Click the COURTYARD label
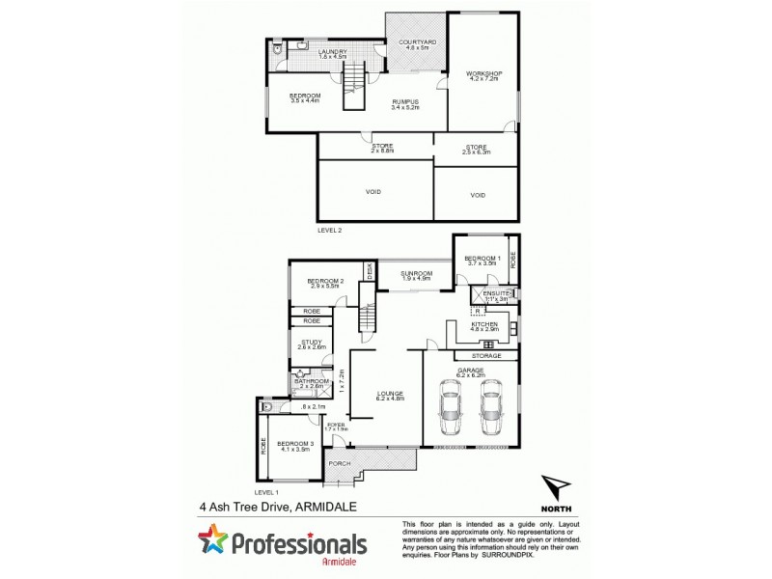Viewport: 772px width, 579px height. pos(412,42)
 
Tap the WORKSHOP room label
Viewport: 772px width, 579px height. pos(481,73)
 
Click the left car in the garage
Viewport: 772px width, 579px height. pos(450,410)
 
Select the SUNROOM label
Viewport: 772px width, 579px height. pos(415,274)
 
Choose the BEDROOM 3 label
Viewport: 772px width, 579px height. pos(291,443)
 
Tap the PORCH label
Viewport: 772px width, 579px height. pos(339,463)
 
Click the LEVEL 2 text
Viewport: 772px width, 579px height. pos(330,231)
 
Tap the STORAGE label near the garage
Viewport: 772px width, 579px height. pos(486,356)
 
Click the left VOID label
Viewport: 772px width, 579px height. pos(373,192)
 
